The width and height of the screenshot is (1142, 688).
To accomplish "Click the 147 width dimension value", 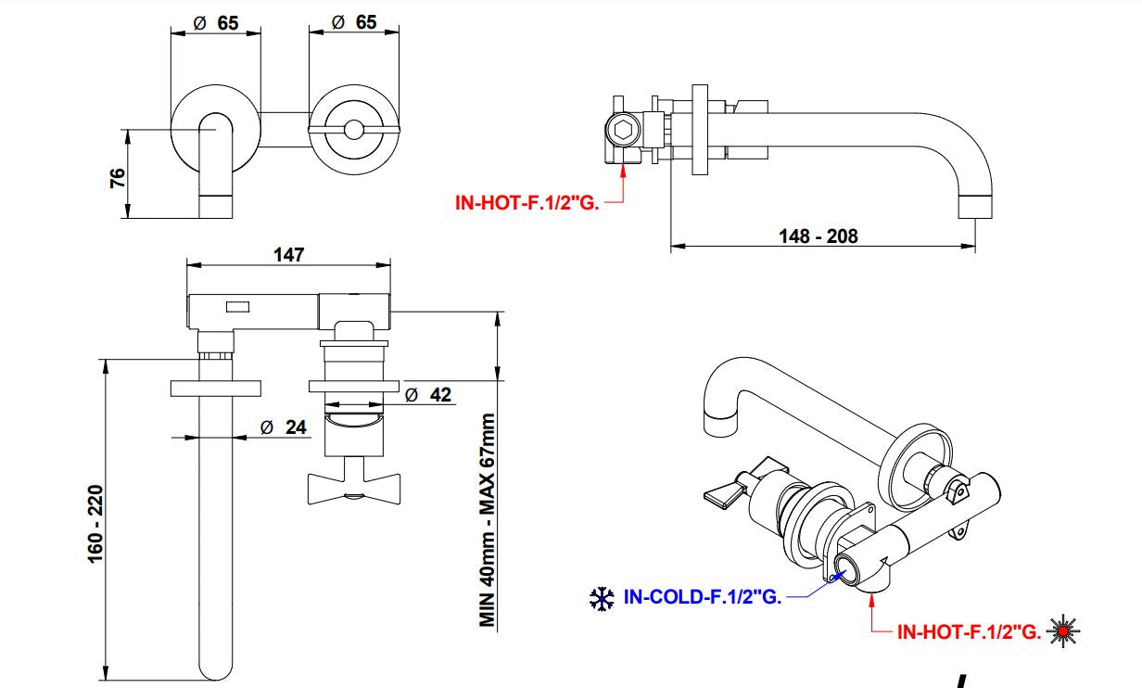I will pyautogui.click(x=289, y=255).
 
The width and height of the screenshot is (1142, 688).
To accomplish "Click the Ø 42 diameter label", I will pyautogui.click(x=428, y=395).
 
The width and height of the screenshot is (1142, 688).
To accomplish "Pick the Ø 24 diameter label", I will pyautogui.click(x=284, y=427).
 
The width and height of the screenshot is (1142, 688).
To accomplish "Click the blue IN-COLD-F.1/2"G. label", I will pyautogui.click(x=702, y=598).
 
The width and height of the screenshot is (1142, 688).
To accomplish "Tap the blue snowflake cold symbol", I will pyautogui.click(x=602, y=599).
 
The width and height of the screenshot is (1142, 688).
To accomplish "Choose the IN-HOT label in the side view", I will pyautogui.click(x=527, y=201).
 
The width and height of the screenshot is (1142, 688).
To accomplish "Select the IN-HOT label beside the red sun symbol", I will pyautogui.click(x=968, y=632).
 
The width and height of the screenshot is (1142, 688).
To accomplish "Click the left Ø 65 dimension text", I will pyautogui.click(x=216, y=23).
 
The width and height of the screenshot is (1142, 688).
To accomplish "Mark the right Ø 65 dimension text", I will pyautogui.click(x=354, y=23).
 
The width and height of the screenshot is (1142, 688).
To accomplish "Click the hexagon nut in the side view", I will pyautogui.click(x=624, y=130).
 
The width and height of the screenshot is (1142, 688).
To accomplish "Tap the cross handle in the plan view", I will pyautogui.click(x=353, y=488).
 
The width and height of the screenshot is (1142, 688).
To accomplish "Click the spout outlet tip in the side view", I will pyautogui.click(x=974, y=205).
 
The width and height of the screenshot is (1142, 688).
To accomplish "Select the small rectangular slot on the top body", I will pyautogui.click(x=238, y=304).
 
